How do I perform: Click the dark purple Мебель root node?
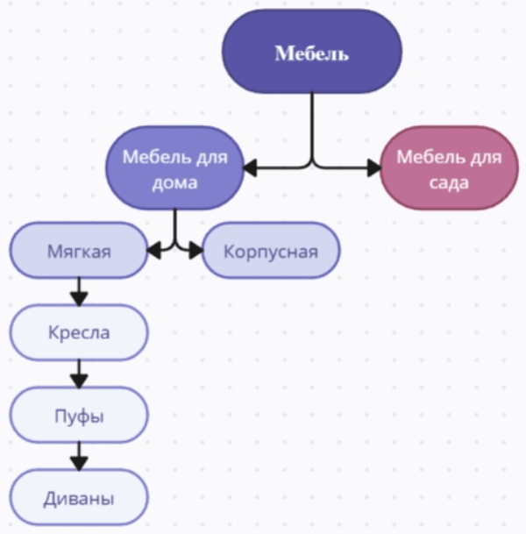(x=312, y=53)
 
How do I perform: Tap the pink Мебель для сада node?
(x=449, y=168)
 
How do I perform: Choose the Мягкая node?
(x=79, y=251)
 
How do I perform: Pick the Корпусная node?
(x=270, y=252)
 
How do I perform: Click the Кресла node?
(x=79, y=333)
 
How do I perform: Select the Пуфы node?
(x=79, y=416)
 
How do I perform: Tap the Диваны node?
(x=79, y=499)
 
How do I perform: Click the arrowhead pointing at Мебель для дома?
(x=250, y=166)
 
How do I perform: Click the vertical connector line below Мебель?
(x=312, y=123)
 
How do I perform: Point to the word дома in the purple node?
(x=174, y=184)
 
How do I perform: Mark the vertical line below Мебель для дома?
(x=175, y=224)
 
